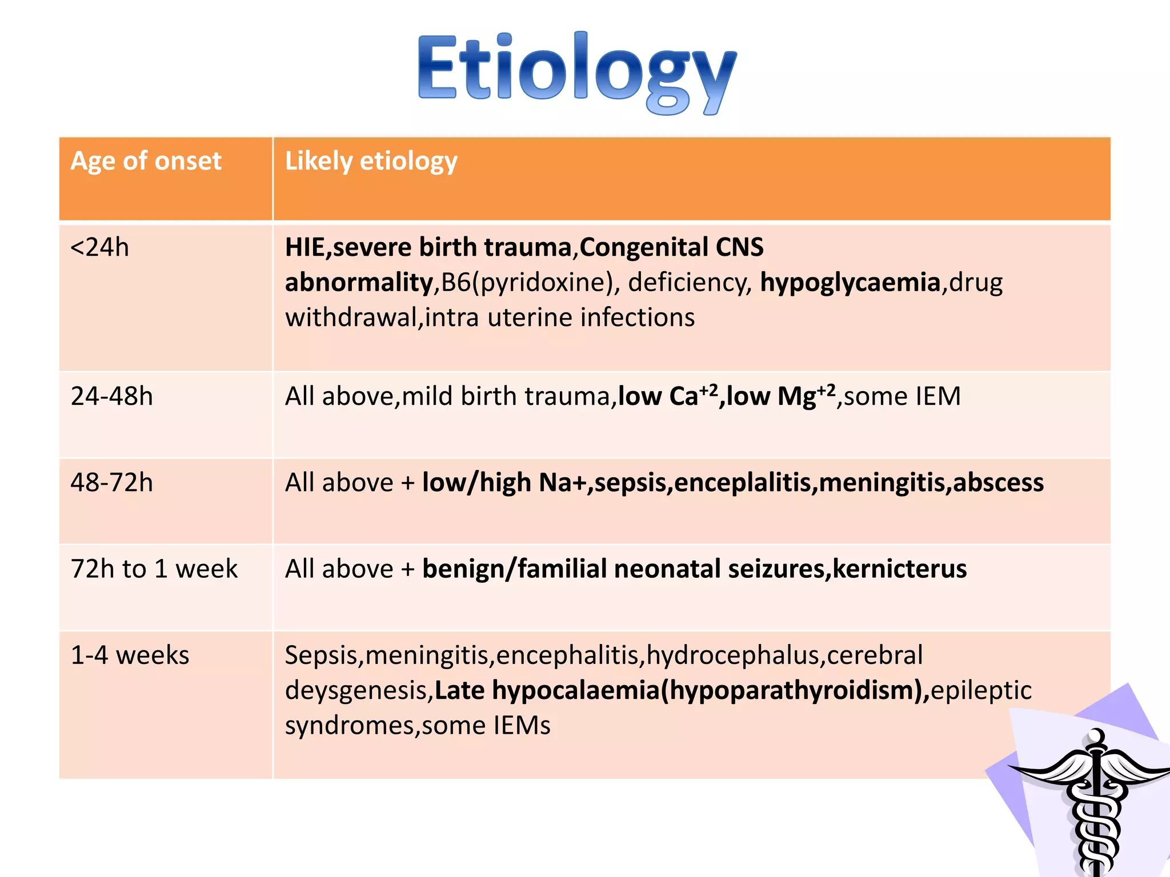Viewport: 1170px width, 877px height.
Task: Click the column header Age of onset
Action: click(146, 161)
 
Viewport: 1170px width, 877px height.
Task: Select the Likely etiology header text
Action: click(371, 161)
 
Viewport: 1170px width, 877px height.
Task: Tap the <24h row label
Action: click(100, 248)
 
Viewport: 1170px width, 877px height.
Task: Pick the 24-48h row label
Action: click(112, 396)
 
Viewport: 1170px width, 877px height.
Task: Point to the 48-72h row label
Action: click(112, 483)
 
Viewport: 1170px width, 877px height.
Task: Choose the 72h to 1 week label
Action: click(154, 569)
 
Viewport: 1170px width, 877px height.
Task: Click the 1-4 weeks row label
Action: click(130, 655)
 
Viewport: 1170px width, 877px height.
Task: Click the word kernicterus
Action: click(900, 569)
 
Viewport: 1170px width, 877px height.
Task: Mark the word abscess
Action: click(998, 483)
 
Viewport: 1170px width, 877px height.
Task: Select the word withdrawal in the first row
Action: click(351, 318)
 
